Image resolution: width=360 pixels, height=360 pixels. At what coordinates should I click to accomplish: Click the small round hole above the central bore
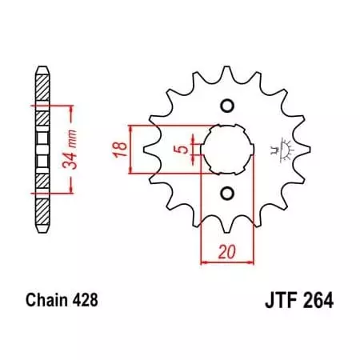226,106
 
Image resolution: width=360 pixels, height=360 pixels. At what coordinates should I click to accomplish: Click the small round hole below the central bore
226,192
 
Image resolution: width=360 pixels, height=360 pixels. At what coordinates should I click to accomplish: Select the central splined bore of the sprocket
226,150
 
